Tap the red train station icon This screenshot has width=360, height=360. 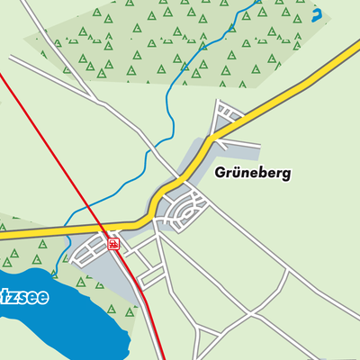point(112,242)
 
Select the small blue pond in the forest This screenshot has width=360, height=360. point(316,15)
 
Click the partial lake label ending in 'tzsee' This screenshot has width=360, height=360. point(22,296)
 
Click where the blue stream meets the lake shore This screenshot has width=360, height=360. point(56,271)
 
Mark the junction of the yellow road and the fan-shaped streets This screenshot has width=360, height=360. point(214,135)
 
